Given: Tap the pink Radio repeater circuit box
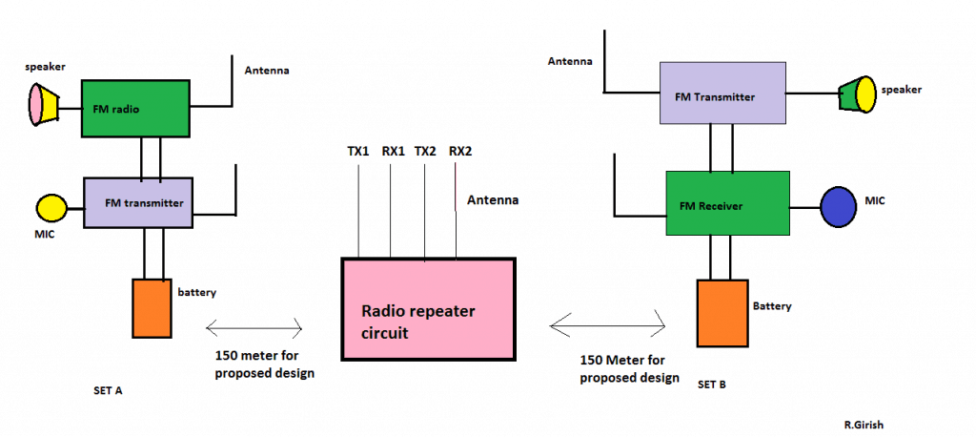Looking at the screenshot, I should pyautogui.click(x=428, y=308).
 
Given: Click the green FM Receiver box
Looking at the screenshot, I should pyautogui.click(x=727, y=203).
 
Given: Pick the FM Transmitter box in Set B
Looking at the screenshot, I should pyautogui.click(x=723, y=94).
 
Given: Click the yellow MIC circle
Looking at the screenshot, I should pyautogui.click(x=51, y=207).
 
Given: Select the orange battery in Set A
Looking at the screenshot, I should pyautogui.click(x=152, y=307).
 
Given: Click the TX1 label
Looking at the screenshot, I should pyautogui.click(x=359, y=151).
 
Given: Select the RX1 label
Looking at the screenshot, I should pyautogui.click(x=394, y=151).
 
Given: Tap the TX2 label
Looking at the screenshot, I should pyautogui.click(x=426, y=151).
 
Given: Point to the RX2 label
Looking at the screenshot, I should pyautogui.click(x=460, y=151).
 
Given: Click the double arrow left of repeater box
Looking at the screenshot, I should pyautogui.click(x=254, y=329).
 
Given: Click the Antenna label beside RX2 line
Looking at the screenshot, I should pyautogui.click(x=493, y=200).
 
